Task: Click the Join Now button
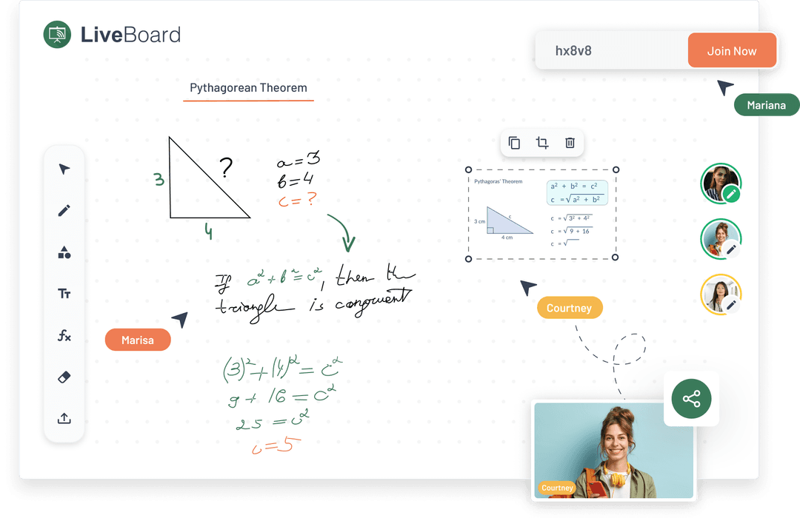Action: coord(732,51)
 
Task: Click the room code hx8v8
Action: coord(573,51)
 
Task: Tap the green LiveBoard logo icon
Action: coord(57,34)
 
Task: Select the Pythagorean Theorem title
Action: coord(248,88)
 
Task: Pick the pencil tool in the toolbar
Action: coord(64,211)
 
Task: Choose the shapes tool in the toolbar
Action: coord(64,252)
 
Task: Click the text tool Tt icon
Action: coord(64,294)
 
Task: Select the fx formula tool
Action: coord(64,335)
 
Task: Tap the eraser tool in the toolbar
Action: coord(64,377)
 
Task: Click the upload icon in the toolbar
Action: coord(64,418)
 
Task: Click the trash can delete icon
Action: coord(570,143)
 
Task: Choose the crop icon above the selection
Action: coord(542,143)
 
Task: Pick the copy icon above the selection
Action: coord(514,143)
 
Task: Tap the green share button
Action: coord(691,400)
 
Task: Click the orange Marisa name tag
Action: coord(138,340)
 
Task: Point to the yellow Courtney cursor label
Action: coord(569,308)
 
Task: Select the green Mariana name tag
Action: coord(766,105)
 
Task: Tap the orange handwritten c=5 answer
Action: coord(276,445)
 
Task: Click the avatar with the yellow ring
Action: coord(719,294)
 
